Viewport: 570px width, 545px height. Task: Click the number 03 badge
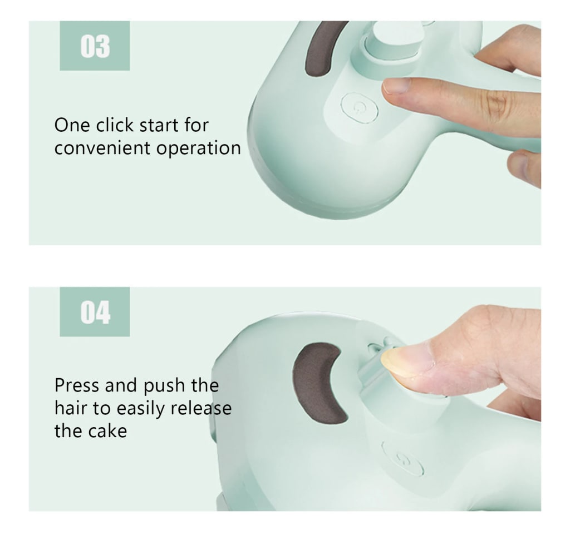pyautogui.click(x=95, y=46)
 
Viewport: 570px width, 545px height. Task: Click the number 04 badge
pyautogui.click(x=95, y=312)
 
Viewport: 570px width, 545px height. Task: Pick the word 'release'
pyautogui.click(x=201, y=408)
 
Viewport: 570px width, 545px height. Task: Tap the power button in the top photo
pyautogui.click(x=359, y=107)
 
